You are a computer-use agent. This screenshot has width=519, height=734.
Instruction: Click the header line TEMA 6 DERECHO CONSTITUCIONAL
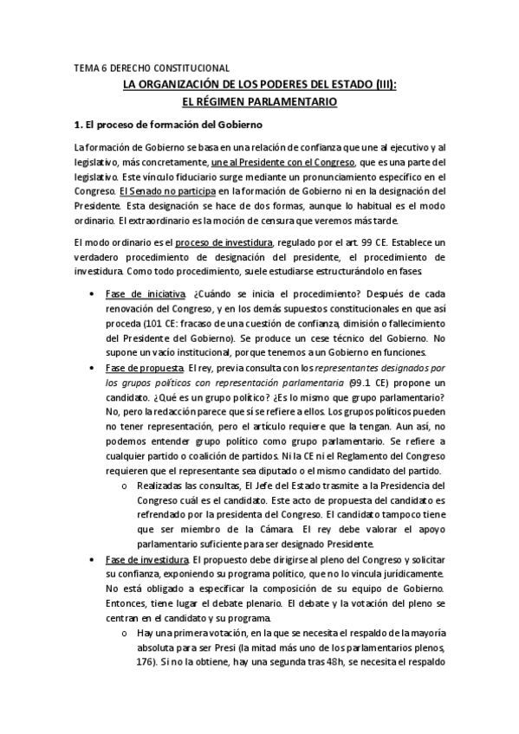151,67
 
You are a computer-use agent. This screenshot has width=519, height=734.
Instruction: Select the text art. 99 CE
381,241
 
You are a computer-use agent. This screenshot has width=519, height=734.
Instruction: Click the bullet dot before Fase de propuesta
93,369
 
